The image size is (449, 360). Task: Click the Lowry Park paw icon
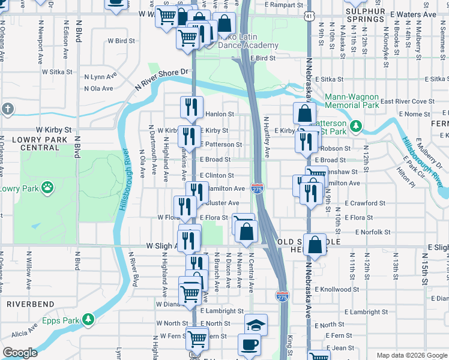[47, 188]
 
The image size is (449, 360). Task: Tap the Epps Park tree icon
[89, 319]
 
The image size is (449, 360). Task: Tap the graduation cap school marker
[256, 325]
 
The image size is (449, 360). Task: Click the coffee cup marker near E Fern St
[249, 346]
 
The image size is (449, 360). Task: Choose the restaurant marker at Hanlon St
[191, 107]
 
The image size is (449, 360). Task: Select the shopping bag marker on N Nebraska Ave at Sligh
[315, 244]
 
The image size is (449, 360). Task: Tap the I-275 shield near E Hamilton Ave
[257, 189]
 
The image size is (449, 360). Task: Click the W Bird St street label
[121, 41]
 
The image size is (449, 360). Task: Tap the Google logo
[20, 353]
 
